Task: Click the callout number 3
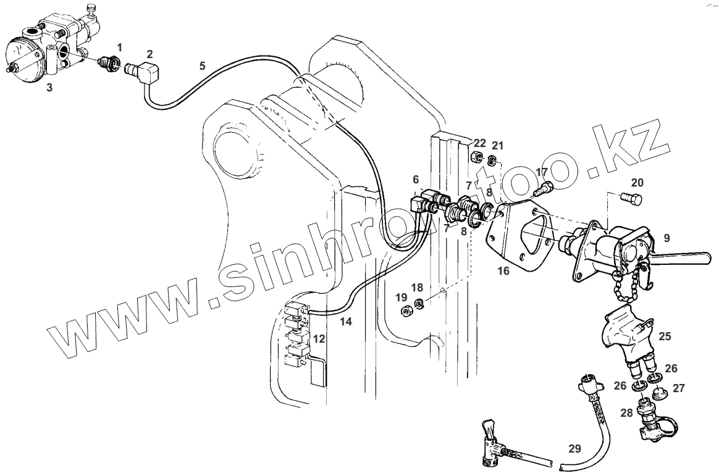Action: pyautogui.click(x=49, y=88)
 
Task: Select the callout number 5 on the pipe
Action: pyautogui.click(x=202, y=66)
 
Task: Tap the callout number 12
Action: pyautogui.click(x=319, y=338)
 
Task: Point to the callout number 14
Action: pyautogui.click(x=346, y=321)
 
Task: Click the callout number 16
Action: pyautogui.click(x=503, y=270)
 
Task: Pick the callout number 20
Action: pyautogui.click(x=637, y=183)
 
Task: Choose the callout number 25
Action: pyautogui.click(x=665, y=336)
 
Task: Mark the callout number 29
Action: pyautogui.click(x=574, y=448)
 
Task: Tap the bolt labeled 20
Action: pyautogui.click(x=632, y=199)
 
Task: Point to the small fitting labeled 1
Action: pyautogui.click(x=109, y=62)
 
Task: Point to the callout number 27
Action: pyautogui.click(x=679, y=388)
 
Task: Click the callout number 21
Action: pyautogui.click(x=498, y=146)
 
